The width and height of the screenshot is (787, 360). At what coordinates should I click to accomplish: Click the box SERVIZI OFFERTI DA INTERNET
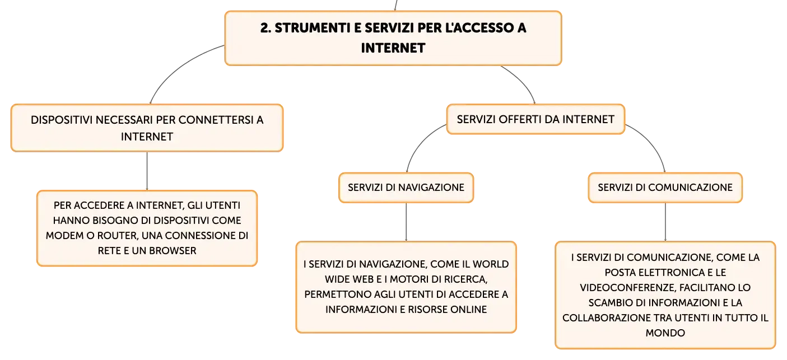click(535, 119)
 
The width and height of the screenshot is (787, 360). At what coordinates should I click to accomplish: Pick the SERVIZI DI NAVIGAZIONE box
click(406, 188)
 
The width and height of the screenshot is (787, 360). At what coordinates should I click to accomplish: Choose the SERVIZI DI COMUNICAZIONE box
click(665, 188)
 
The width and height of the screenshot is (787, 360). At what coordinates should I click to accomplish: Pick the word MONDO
click(665, 333)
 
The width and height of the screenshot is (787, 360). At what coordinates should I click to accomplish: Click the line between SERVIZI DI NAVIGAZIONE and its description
click(406, 222)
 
